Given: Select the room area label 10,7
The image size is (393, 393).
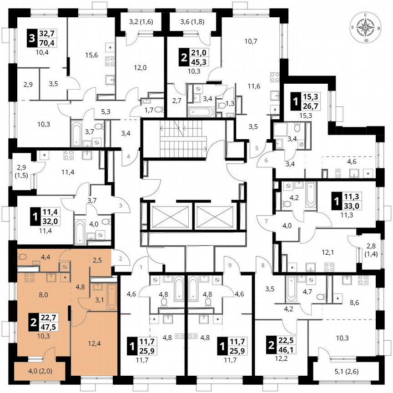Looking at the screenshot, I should (x=251, y=41).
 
